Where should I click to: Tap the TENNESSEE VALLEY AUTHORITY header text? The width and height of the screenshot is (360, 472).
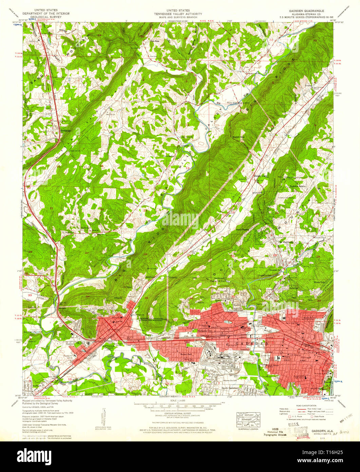click(180, 14)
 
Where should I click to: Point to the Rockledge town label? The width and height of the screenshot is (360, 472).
click(65, 130)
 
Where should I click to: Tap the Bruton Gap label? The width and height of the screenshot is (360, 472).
click(238, 137)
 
